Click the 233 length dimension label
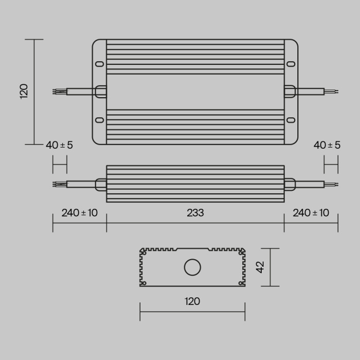pos(195,212)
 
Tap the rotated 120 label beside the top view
pos(24,91)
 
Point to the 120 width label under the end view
pos(192,301)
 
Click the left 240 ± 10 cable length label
pos(79,212)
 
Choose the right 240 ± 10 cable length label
pos(311,212)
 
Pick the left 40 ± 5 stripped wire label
pos(59,145)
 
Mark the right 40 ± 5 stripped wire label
pos(327,145)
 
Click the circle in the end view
pos(193,267)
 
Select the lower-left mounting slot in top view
pos(100,120)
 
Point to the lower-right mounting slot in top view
pos(291,120)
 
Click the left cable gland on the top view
pos(101,92)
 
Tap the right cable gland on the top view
pos(290,92)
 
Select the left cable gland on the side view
pos(101,183)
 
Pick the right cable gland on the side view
pos(290,183)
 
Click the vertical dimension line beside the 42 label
pos(271,267)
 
